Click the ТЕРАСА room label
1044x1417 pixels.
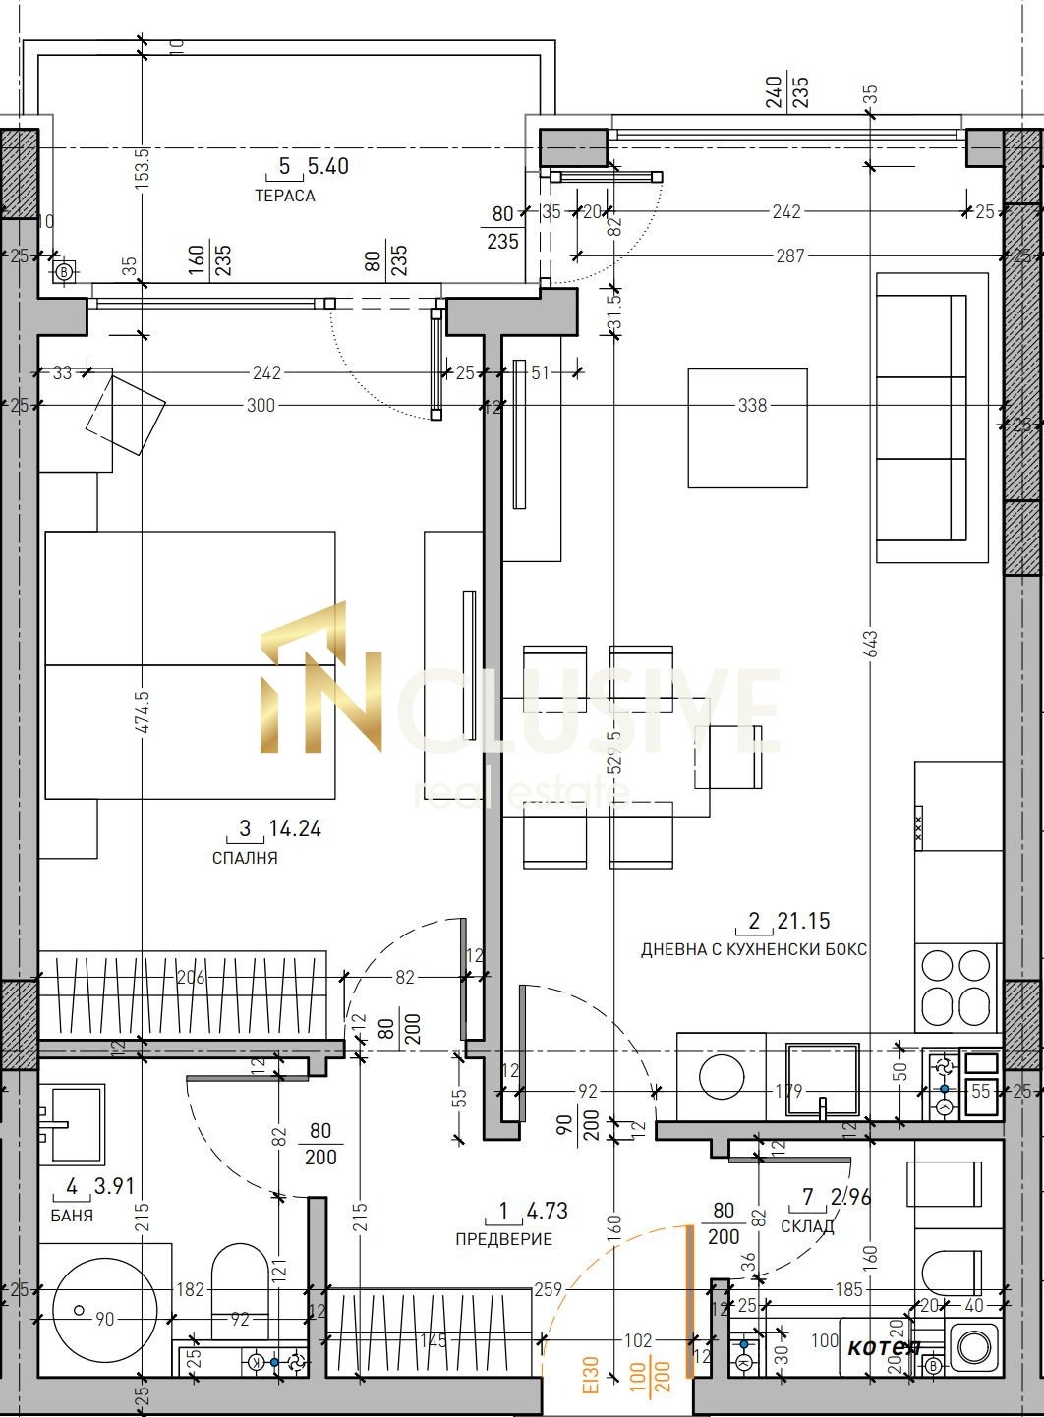[284, 196]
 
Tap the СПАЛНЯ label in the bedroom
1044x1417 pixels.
[245, 858]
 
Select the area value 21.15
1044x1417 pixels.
[803, 921]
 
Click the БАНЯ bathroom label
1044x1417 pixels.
[72, 1216]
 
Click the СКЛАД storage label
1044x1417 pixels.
[807, 1226]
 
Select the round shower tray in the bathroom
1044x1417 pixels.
[98, 1308]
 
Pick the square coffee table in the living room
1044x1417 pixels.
[747, 427]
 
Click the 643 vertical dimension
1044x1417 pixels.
[871, 644]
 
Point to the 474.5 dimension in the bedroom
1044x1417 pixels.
[144, 711]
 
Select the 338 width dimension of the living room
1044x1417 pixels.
[752, 405]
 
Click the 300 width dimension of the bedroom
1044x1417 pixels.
[261, 405]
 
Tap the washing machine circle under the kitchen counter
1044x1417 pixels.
[725, 1076]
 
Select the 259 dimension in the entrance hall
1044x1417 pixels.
[549, 1289]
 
